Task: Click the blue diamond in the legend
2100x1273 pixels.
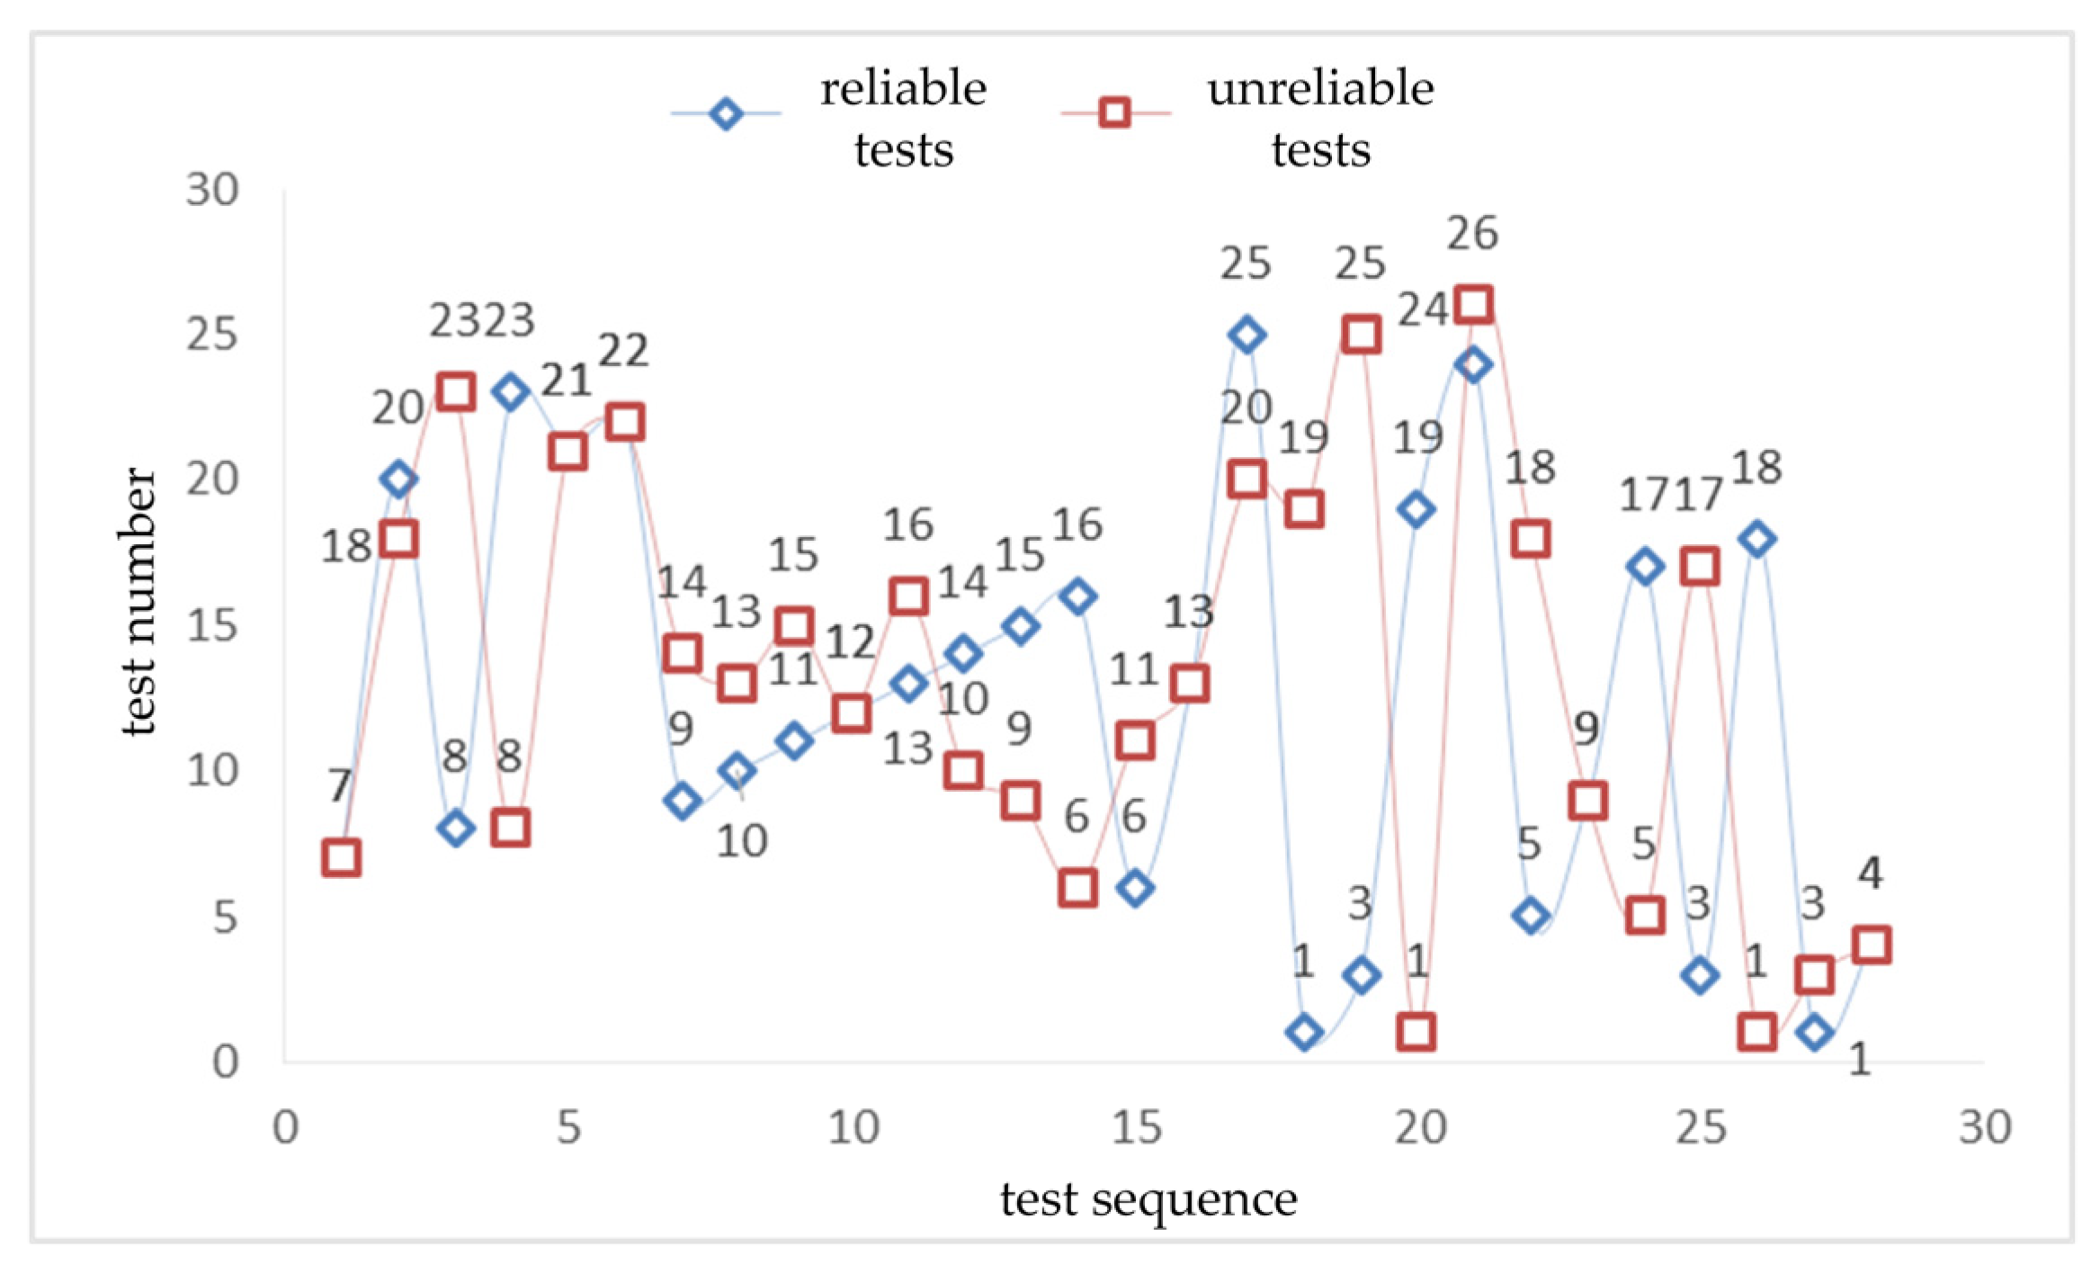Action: point(725,114)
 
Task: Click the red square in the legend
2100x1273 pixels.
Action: point(1114,113)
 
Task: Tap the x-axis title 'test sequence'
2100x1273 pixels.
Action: point(1148,1199)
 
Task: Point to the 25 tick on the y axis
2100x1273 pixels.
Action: point(212,335)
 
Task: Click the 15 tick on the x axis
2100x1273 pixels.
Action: point(1136,1127)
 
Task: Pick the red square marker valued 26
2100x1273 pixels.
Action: point(1473,304)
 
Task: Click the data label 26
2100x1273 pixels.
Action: point(1472,234)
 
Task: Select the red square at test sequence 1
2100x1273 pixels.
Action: point(341,858)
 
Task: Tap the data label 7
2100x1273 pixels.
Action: point(339,785)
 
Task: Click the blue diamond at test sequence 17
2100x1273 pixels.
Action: point(1247,335)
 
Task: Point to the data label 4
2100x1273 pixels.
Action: point(1871,873)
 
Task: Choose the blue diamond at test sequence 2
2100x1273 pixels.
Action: point(398,479)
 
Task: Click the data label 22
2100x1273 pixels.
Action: point(623,350)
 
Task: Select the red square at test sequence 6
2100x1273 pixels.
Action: point(625,422)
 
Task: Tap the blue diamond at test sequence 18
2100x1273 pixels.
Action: point(1304,1032)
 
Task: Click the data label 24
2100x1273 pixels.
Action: point(1423,310)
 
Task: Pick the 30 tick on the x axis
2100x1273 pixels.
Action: point(1985,1127)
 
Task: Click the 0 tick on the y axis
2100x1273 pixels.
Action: point(225,1062)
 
